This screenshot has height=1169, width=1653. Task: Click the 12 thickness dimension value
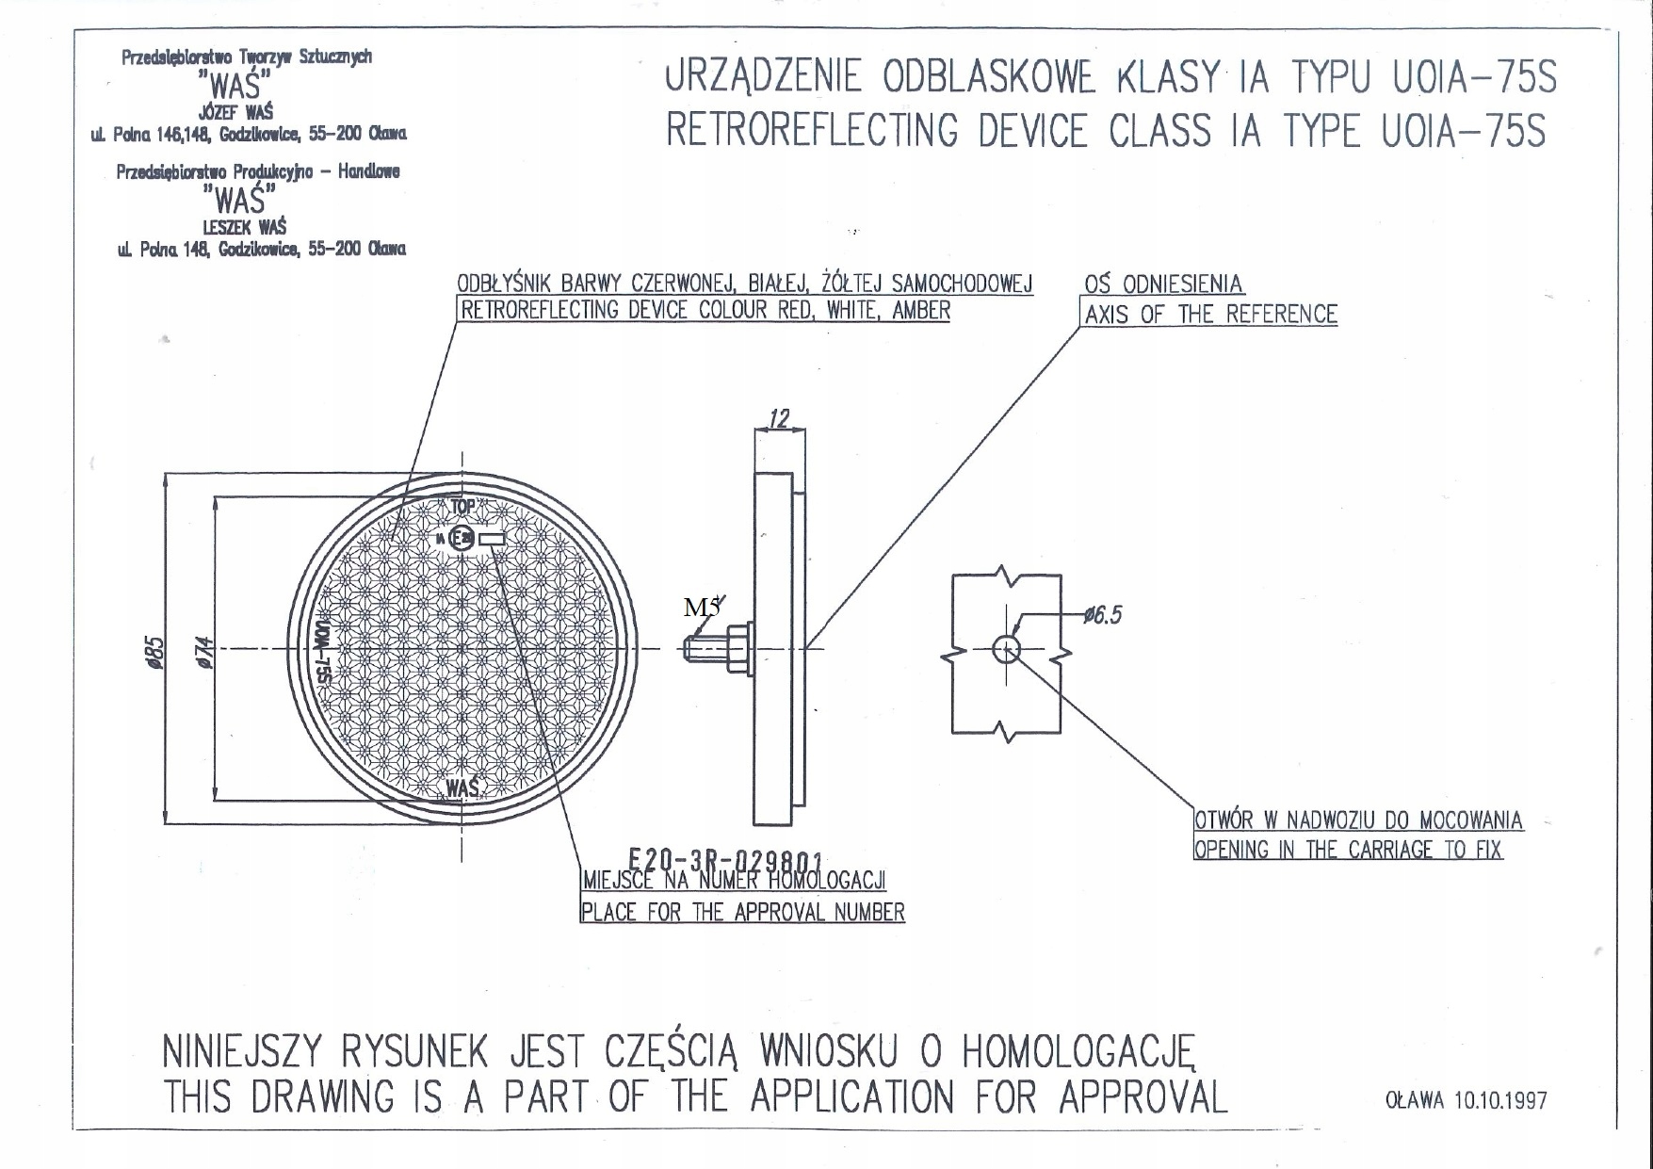pos(779,418)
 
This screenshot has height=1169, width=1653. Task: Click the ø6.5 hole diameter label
pos(1102,616)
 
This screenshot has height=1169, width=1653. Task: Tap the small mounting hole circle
pos(1006,648)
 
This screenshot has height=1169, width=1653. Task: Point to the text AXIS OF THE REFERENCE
pos(1210,315)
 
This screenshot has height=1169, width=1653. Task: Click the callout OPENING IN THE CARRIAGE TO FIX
pos(1347,850)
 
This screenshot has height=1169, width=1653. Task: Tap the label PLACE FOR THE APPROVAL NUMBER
pos(742,912)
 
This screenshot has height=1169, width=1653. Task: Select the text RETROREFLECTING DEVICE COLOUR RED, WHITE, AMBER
pos(704,310)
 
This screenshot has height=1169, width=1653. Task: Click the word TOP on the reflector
pos(462,507)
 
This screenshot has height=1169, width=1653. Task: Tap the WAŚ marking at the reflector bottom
pos(462,787)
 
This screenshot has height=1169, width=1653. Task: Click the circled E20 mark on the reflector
pos(462,539)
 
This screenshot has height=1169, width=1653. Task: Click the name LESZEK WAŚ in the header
pos(244,227)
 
